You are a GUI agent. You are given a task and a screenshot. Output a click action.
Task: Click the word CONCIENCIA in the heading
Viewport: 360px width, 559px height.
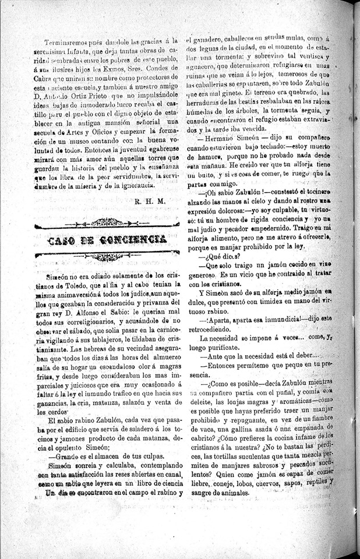(133, 239)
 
